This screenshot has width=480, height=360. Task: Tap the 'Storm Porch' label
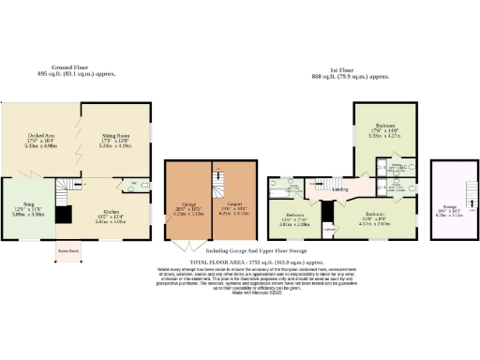point(67,252)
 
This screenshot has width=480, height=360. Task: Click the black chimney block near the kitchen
point(63,215)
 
